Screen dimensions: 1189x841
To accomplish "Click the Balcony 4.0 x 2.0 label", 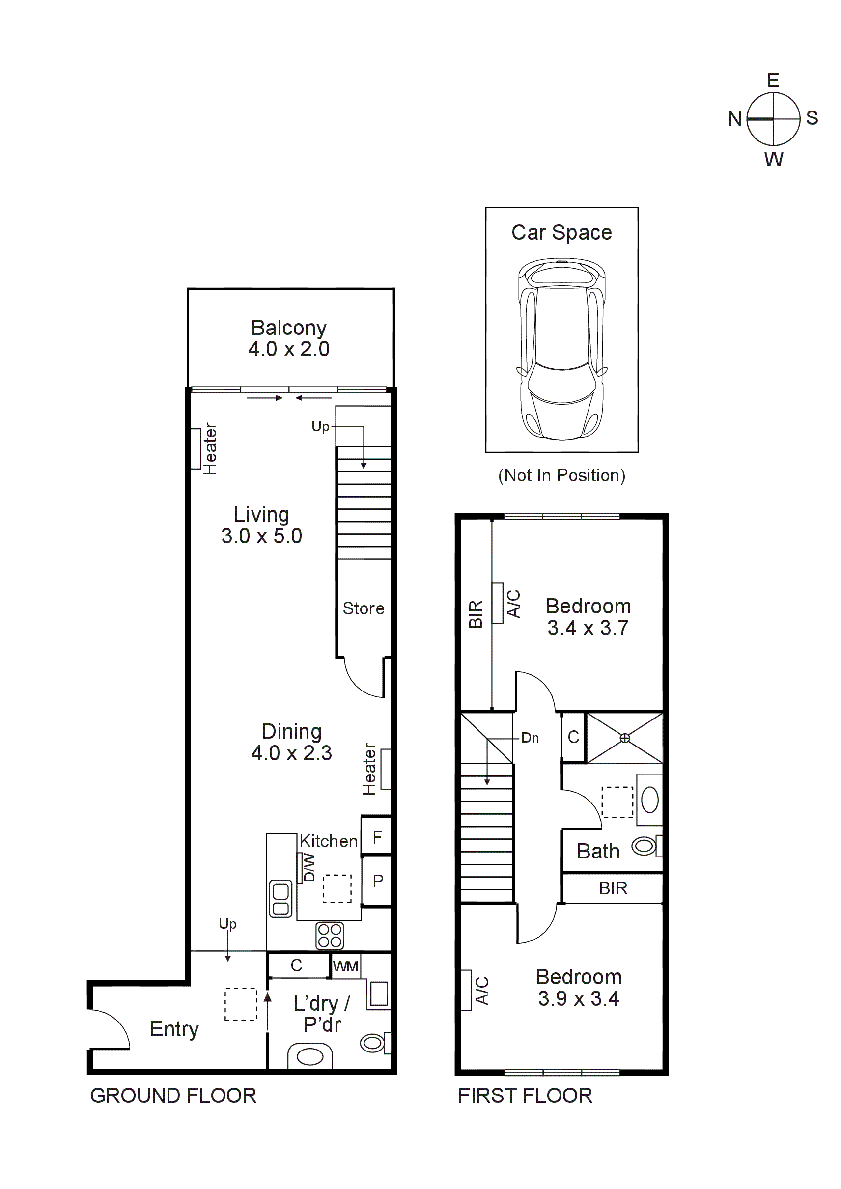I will point(288,338).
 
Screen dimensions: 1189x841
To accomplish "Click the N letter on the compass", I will point(734,119).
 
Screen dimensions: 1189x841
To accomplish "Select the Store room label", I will point(363,608).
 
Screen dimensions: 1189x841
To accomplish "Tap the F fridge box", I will point(377,837).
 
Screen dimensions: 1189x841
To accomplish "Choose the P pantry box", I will point(378,881).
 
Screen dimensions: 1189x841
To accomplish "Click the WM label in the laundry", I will point(345,967).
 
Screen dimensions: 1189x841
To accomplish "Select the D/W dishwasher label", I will point(308,867).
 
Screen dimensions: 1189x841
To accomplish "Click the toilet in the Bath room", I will point(645,846).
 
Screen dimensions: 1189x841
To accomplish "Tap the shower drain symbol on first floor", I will point(624,738).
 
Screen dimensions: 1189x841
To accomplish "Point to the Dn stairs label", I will point(530,738).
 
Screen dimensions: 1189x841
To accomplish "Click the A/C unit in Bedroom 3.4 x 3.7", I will point(497,603).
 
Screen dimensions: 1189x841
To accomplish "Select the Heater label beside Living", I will point(210,449).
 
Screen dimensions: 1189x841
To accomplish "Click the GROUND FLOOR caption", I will point(173,1095).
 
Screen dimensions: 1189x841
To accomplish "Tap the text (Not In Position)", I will point(561,475).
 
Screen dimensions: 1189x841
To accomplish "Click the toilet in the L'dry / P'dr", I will point(373,1043).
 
